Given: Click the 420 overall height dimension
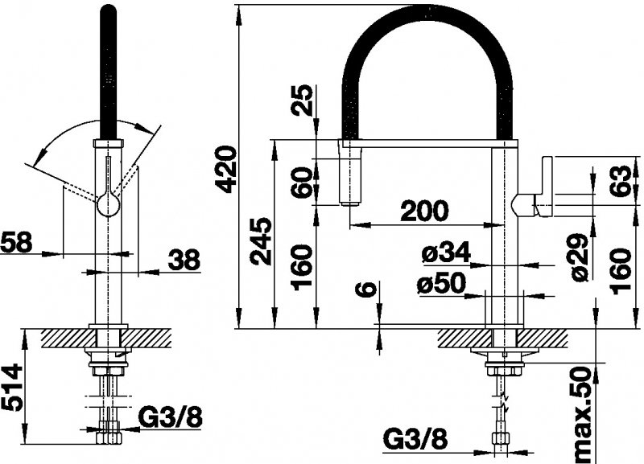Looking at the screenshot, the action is tap(228, 170).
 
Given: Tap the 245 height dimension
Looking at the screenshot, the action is tap(262, 241).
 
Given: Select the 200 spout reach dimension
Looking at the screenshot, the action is tap(423, 211).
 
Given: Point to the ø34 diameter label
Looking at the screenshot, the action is tap(446, 253).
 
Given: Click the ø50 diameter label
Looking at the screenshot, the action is tap(441, 283).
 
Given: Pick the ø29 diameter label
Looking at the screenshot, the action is tap(580, 257).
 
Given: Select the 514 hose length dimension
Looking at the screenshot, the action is tap(11, 387).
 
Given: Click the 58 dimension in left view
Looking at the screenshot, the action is tap(16, 242).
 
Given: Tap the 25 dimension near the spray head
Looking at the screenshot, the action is tap(303, 99).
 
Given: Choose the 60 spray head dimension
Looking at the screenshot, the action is tap(303, 181).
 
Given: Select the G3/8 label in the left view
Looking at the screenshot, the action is tap(170, 417).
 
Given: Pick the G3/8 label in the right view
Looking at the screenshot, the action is tap(415, 441).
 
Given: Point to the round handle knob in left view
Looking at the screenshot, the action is tap(109, 204).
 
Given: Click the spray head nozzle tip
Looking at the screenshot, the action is tap(349, 202).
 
